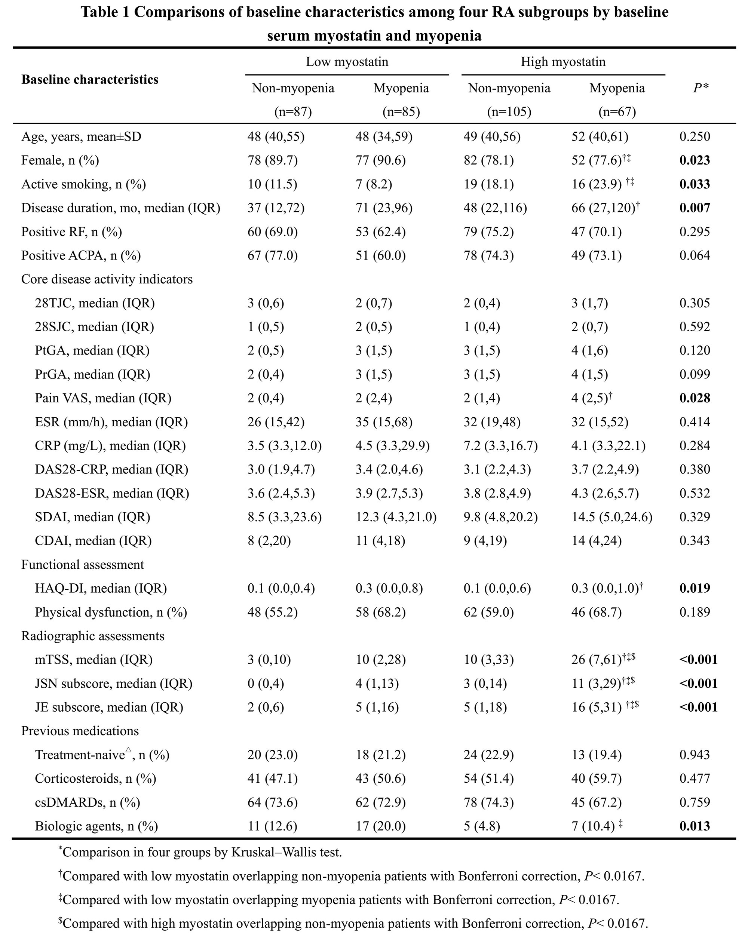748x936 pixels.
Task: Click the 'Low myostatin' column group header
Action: pyautogui.click(x=346, y=62)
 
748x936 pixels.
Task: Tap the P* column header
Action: pyautogui.click(x=700, y=88)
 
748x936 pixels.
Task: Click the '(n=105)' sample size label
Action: pyautogui.click(x=509, y=112)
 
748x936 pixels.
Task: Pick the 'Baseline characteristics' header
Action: pyautogui.click(x=90, y=79)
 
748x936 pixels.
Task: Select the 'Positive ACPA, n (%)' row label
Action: pyautogui.click(x=81, y=255)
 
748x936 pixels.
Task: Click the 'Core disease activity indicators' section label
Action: pyautogui.click(x=107, y=279)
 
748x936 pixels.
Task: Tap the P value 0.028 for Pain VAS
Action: pyautogui.click(x=695, y=398)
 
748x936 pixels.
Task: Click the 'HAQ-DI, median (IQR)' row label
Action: pyautogui.click(x=101, y=588)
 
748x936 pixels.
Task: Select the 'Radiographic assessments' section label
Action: pyautogui.click(x=93, y=636)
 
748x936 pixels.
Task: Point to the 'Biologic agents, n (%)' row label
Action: pyautogui.click(x=96, y=826)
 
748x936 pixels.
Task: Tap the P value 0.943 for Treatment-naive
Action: pyautogui.click(x=695, y=755)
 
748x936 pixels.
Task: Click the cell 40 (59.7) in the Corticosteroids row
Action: pyautogui.click(x=596, y=779)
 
